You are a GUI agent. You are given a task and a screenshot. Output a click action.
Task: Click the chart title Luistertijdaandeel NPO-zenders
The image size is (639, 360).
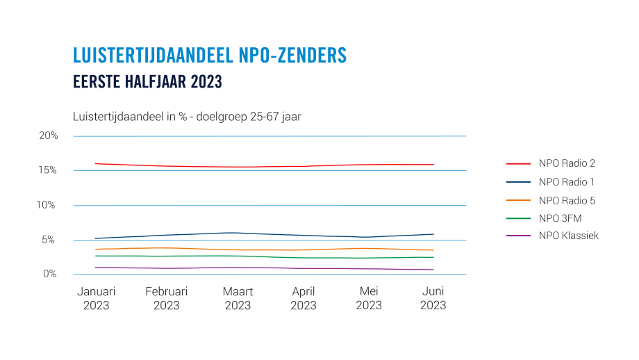point(209,56)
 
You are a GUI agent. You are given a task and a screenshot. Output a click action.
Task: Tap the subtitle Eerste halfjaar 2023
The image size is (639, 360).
point(147,82)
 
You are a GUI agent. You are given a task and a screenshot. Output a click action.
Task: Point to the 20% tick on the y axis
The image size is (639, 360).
point(49,136)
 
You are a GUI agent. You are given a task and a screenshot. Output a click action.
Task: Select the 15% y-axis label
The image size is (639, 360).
point(49,170)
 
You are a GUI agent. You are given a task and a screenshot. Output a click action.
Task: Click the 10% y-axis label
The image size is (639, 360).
point(49,205)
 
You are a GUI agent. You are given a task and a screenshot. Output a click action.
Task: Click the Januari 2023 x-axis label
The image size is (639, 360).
point(96,298)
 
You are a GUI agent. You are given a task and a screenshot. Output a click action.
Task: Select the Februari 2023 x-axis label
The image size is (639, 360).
point(166,298)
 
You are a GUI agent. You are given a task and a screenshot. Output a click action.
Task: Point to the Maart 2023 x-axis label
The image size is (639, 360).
point(238,298)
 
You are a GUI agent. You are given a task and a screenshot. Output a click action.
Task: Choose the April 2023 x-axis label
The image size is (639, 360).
point(304,298)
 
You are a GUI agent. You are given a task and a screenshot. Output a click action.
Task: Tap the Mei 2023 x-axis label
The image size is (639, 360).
point(368,298)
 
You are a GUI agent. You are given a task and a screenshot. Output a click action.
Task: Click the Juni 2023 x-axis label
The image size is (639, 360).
point(433,298)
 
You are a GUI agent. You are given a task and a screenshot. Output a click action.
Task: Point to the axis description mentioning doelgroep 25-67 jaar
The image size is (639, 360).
point(187,117)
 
